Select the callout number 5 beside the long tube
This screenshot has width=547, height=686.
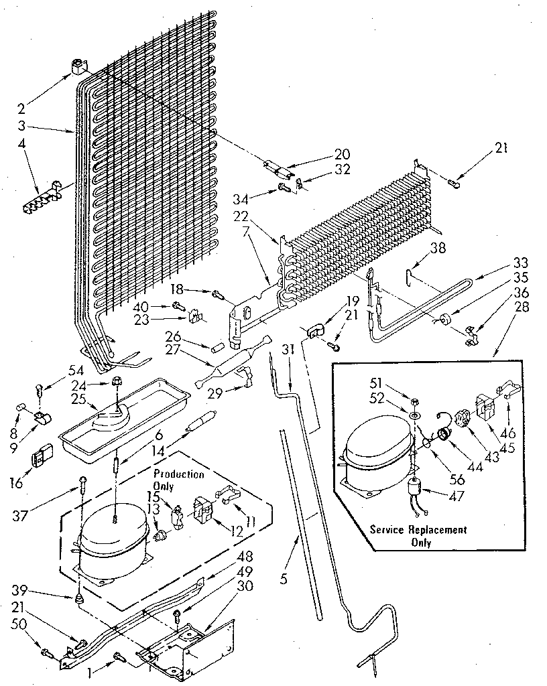pyautogui.click(x=284, y=578)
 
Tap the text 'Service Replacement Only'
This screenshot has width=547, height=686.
pyautogui.click(x=419, y=535)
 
